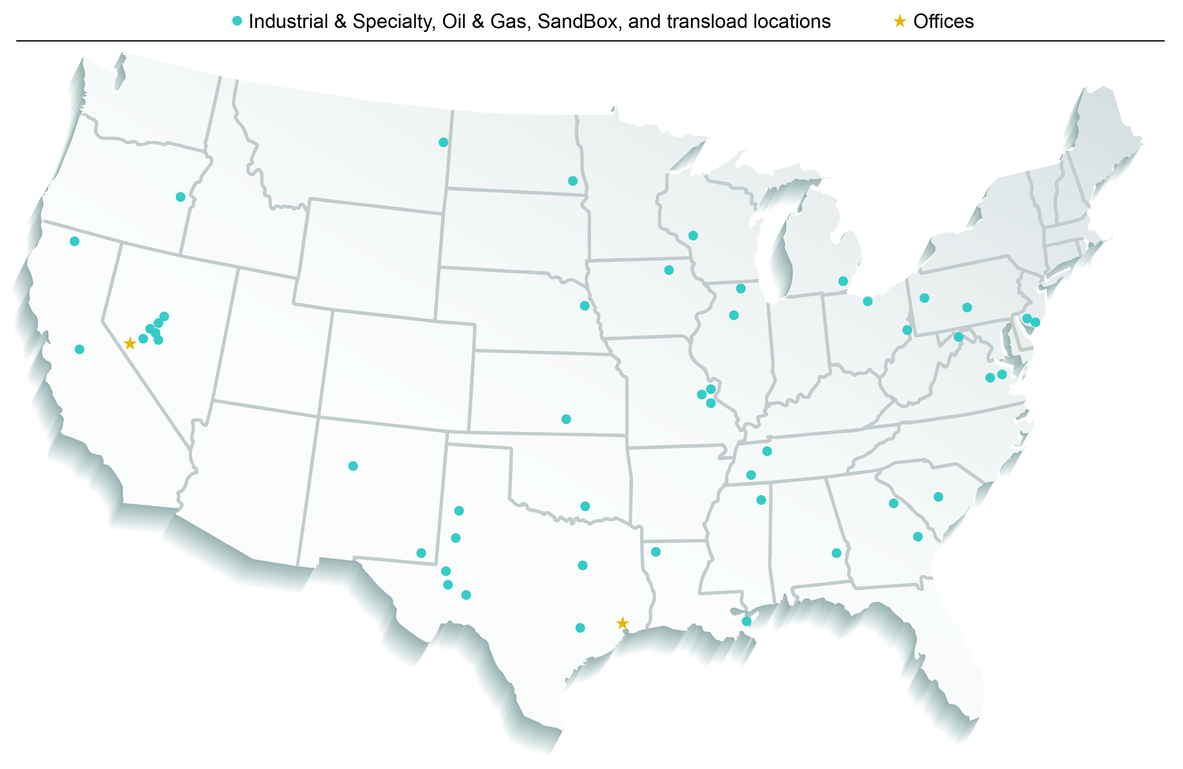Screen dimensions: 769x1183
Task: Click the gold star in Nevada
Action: [130, 343]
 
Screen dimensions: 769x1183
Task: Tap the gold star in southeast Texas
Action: [622, 623]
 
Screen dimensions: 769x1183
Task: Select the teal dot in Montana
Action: [443, 142]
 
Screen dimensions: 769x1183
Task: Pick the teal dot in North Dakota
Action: [573, 181]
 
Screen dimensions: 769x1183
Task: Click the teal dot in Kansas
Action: [566, 419]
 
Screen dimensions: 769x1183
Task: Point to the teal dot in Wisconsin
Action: [693, 235]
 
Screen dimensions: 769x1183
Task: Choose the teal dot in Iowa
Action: [669, 270]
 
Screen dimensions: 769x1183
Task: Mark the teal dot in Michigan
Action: [843, 281]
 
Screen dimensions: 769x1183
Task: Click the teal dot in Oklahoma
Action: [585, 506]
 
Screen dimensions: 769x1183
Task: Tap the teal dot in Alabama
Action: [836, 553]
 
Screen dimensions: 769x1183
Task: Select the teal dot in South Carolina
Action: [939, 496]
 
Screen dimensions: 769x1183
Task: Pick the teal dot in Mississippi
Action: [761, 500]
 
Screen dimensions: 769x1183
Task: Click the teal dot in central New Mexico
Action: [353, 466]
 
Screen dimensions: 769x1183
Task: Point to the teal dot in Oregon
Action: [181, 197]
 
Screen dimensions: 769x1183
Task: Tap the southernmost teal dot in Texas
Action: [580, 628]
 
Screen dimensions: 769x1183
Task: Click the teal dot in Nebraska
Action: [584, 306]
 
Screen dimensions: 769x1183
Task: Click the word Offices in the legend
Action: [943, 21]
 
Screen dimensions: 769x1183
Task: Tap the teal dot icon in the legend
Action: [237, 21]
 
